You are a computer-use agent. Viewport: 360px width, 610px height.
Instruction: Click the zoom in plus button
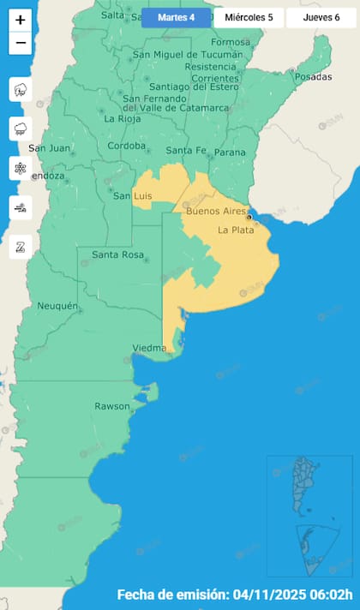[21, 20]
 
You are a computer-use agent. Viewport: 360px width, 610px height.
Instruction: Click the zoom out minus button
[21, 43]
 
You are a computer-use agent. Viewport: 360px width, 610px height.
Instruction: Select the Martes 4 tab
[176, 17]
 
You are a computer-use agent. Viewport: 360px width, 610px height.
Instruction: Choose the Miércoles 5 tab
[249, 17]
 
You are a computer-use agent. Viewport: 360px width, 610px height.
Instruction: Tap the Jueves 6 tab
[321, 17]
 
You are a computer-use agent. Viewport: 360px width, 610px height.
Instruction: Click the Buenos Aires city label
[215, 211]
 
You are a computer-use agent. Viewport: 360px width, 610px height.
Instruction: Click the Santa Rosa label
[117, 254]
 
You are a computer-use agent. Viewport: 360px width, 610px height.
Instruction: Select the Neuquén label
[57, 306]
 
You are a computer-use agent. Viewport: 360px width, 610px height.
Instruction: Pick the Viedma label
[150, 348]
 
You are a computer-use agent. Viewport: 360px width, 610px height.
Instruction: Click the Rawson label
[111, 406]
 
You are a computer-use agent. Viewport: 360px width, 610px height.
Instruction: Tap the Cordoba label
[127, 146]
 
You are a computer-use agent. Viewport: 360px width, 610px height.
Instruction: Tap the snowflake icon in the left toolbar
[21, 168]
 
